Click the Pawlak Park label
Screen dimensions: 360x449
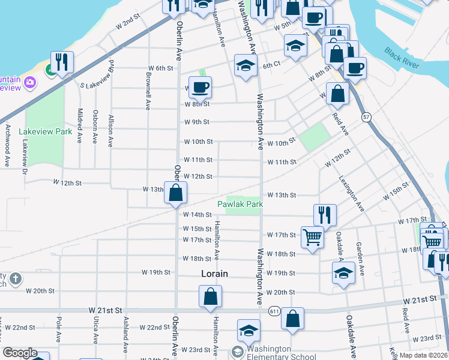[x=244, y=205]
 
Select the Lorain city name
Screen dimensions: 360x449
[x=214, y=274]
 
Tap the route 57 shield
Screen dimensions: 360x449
[x=366, y=118]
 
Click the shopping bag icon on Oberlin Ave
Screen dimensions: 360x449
[x=176, y=193]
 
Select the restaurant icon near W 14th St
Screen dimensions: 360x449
[x=325, y=214]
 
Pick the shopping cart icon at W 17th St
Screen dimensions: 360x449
[x=312, y=237]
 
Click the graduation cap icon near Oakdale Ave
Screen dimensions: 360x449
[x=343, y=273]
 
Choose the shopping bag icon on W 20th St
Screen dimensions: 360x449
[x=211, y=296]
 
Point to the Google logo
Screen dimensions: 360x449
[x=19, y=353]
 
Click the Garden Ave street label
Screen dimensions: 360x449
[x=360, y=259]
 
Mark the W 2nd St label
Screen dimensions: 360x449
[x=127, y=23]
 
